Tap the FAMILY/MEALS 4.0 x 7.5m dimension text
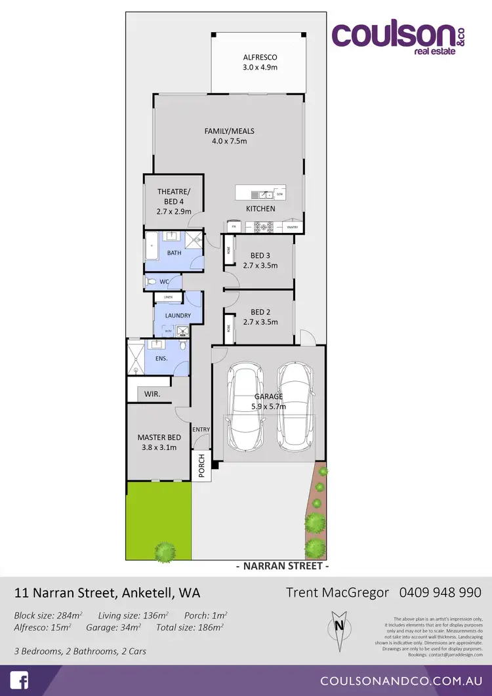pos(229,141)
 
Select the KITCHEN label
pos(260,209)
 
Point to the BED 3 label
pos(260,256)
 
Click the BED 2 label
pos(260,312)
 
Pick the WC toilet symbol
pos(152,282)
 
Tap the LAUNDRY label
pos(178,316)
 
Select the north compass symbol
pos(339,624)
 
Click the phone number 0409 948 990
pos(440,592)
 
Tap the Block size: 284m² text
pos(49,615)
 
